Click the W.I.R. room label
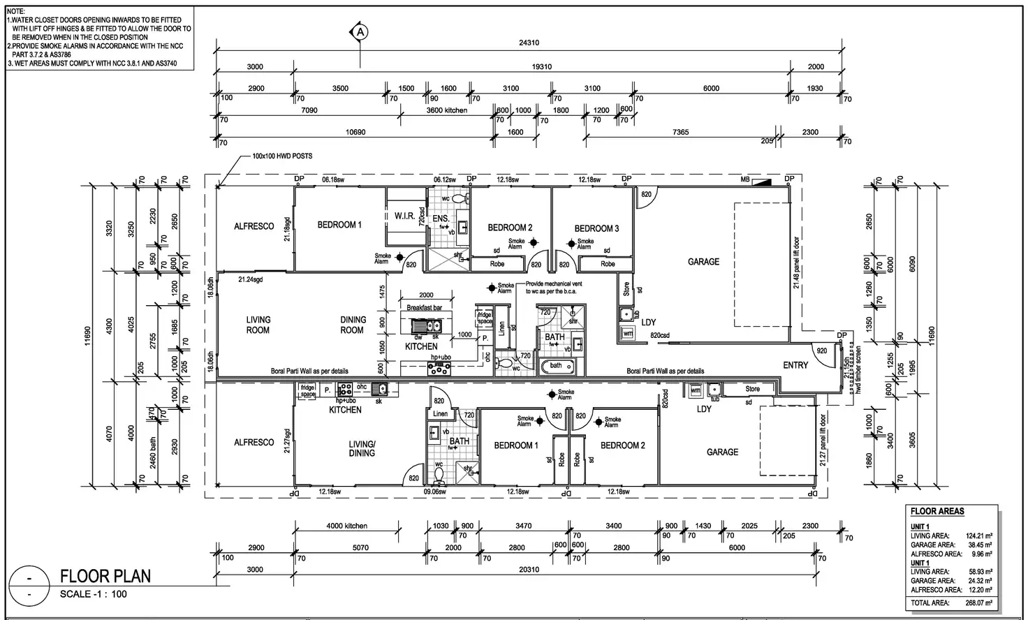[x=404, y=216]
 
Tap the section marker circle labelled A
[x=360, y=31]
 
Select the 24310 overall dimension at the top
[x=529, y=43]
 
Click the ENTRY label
[x=795, y=365]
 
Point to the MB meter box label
[x=746, y=179]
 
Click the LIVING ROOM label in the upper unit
[x=258, y=325]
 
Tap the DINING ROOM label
[x=353, y=325]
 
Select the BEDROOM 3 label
[x=596, y=228]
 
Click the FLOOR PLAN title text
[x=105, y=576]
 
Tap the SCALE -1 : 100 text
[x=94, y=594]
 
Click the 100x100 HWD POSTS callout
[x=282, y=156]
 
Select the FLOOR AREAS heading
[x=937, y=511]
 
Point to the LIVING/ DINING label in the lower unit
[x=362, y=448]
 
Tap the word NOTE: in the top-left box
[x=17, y=12]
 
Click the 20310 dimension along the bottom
[x=529, y=570]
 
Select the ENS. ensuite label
[x=441, y=219]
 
